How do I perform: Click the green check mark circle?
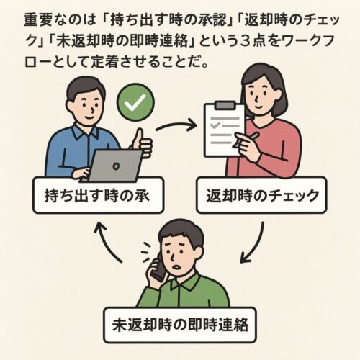[135, 102]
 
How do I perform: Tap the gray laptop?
[113, 166]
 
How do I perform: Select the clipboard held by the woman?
[224, 130]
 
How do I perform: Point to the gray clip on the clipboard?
[225, 105]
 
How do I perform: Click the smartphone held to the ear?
[160, 268]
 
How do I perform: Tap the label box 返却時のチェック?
[261, 195]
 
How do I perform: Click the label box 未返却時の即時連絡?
[180, 325]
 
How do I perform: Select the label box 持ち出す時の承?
[98, 195]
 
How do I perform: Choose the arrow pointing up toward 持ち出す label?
[106, 243]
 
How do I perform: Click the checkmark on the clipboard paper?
[215, 125]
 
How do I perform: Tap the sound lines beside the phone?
[146, 252]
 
